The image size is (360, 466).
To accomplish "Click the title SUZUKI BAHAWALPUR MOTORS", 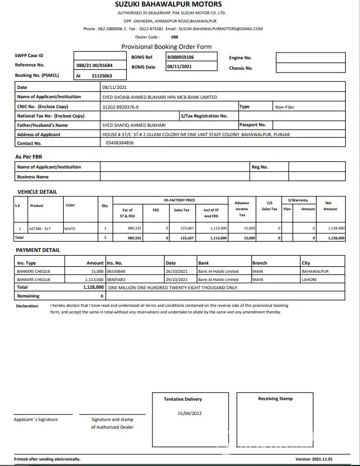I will click(168, 4).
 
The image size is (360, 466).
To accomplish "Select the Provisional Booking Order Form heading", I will click(166, 47).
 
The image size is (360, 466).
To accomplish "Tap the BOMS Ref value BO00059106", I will click(181, 57).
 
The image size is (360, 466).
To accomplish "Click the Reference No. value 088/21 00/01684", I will click(94, 65).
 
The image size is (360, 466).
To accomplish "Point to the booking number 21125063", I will click(102, 76).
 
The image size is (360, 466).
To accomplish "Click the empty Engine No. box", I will click(310, 57).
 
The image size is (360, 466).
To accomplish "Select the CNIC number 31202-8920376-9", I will click(121, 107).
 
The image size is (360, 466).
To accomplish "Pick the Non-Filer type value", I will click(285, 107).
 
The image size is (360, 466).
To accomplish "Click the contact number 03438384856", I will click(120, 143).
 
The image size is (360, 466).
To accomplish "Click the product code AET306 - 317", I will click(40, 228).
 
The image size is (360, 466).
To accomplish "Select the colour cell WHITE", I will click(70, 228).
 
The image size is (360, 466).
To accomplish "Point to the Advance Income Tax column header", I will click(241, 209).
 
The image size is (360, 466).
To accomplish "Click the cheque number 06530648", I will click(116, 271).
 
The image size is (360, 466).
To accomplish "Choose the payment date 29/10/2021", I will click(177, 279).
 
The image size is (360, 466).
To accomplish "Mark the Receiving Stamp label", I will click(275, 399).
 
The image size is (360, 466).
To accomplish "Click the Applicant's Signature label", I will click(36, 419).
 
